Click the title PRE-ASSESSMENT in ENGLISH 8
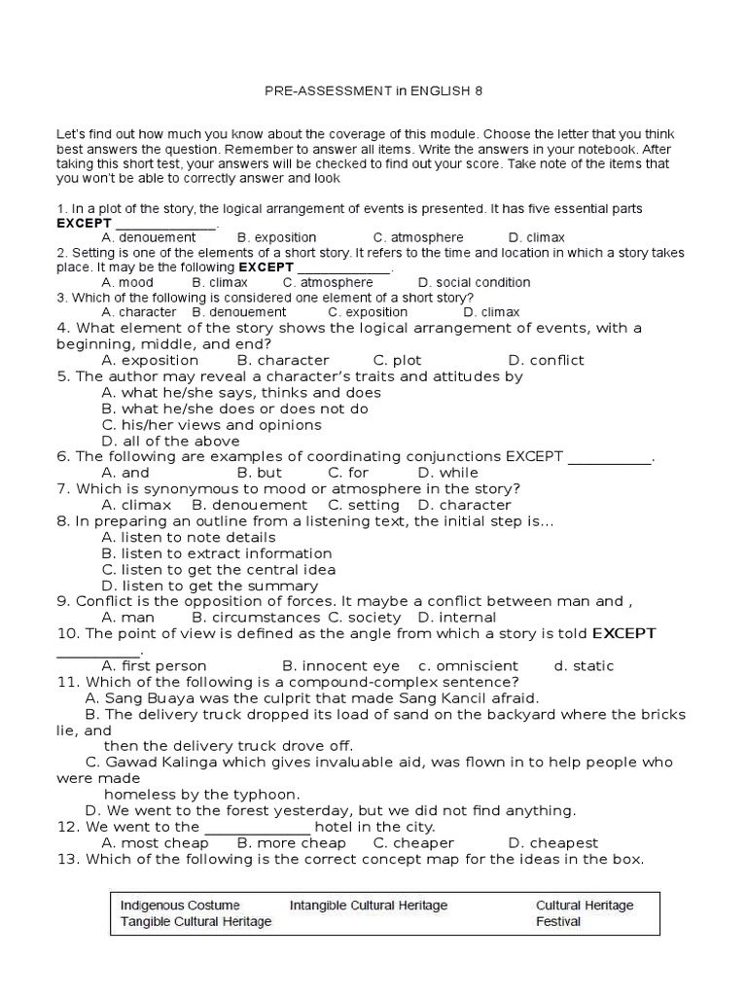click(373, 90)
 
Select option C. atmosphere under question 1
click(418, 237)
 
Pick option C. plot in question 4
click(397, 360)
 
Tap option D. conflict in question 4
click(546, 360)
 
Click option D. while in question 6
click(447, 473)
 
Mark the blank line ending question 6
click(609, 457)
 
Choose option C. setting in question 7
click(364, 505)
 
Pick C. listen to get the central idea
click(219, 569)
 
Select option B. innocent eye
click(340, 666)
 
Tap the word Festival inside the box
click(558, 921)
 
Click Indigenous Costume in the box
click(180, 906)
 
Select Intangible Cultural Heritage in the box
click(369, 906)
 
